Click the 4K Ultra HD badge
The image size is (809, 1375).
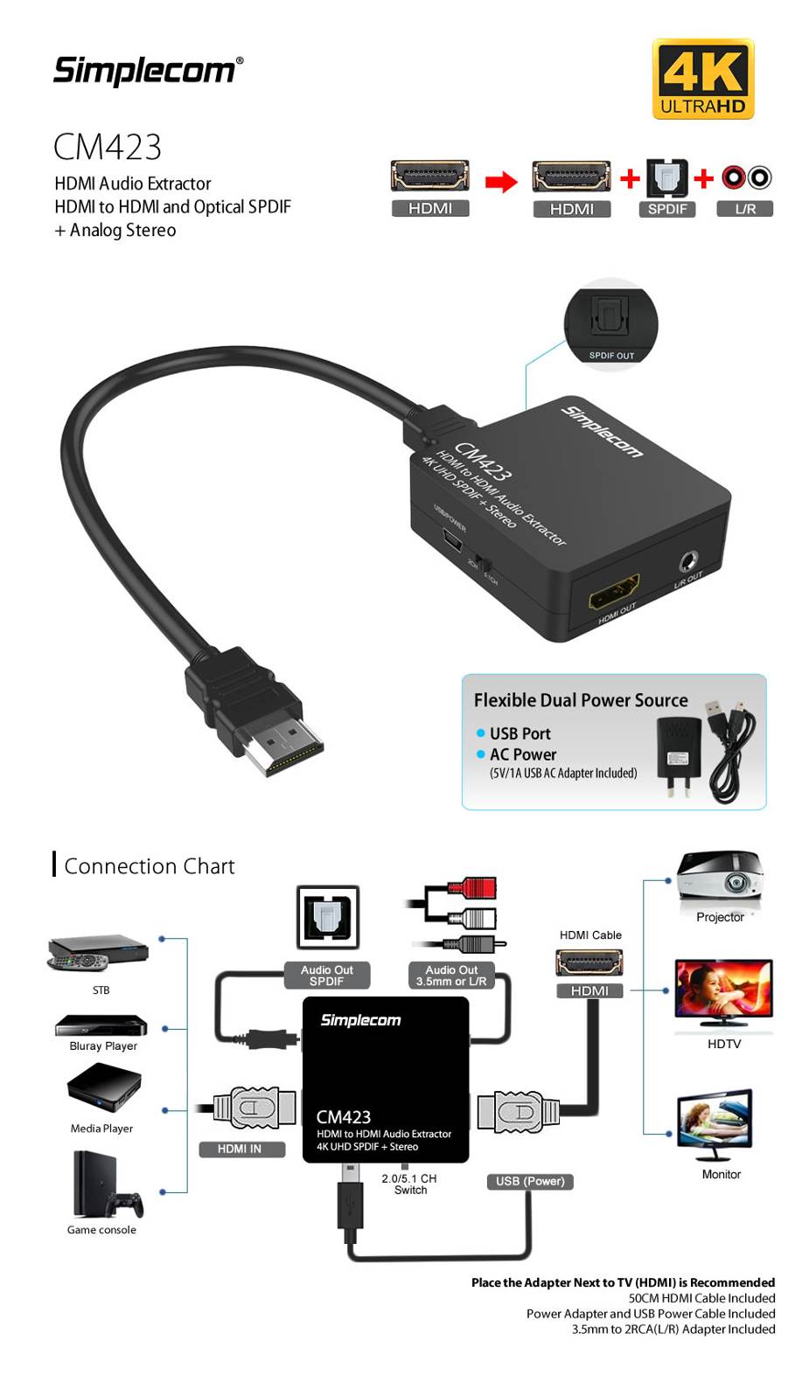[702, 80]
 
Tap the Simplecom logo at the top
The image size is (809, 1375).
[148, 71]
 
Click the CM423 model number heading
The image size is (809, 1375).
[108, 147]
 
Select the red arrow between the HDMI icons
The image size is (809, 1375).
[501, 181]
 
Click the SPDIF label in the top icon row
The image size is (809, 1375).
[667, 209]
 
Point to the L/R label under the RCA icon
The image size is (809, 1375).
[745, 209]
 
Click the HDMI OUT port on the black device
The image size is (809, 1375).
[614, 592]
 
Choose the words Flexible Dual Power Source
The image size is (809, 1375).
[581, 700]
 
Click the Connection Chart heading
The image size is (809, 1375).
[150, 866]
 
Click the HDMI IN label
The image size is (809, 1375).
[240, 1149]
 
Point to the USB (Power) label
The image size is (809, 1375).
[530, 1181]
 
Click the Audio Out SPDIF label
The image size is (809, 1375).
[327, 976]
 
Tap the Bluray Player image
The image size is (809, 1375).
[101, 1025]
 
